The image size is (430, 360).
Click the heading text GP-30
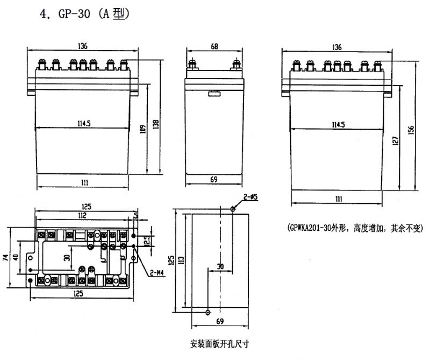pos(74,14)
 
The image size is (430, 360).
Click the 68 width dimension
pos(214,46)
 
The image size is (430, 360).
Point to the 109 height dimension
pos(143,129)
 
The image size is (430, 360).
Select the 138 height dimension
pos(155,124)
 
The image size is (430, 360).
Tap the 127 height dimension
pos(395,141)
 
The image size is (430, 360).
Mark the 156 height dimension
pos(411,131)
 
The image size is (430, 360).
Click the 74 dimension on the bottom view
pos(5,257)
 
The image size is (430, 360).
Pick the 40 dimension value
pos(16,257)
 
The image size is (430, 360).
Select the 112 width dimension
pos(82,215)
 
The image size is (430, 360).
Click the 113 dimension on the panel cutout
pos(181,260)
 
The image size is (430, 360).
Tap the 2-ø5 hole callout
pos(250,196)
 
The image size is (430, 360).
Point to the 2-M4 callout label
pos(157,273)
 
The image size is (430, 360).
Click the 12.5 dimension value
pos(147,241)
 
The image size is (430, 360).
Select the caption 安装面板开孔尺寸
pos(220,343)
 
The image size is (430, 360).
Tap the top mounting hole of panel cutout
pos(233,209)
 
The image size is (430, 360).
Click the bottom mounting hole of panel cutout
pos(208,312)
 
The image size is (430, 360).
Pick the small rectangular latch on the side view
pos(214,94)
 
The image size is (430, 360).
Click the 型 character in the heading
pos(119,14)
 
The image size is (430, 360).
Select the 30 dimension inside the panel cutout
pos(220,266)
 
